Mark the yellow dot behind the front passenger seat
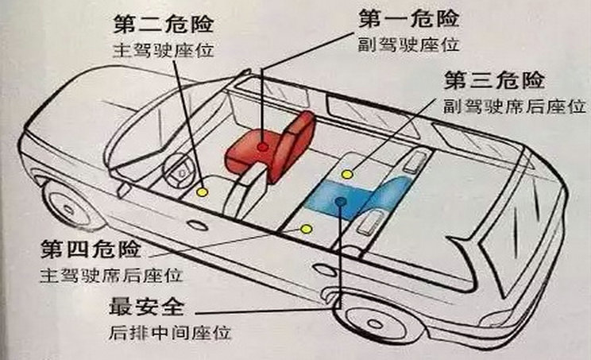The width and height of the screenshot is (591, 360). pyautogui.click(x=346, y=173)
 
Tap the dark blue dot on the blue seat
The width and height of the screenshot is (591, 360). pyautogui.click(x=339, y=203)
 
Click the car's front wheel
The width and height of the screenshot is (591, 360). pyautogui.click(x=68, y=204)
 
